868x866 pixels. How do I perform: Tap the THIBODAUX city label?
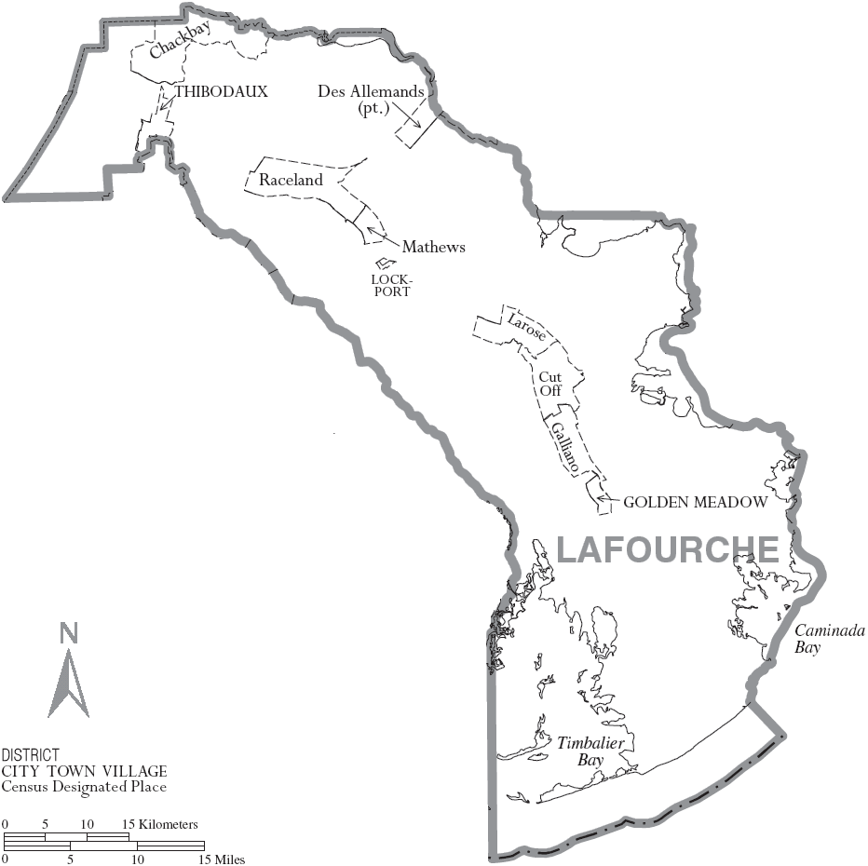pos(221,91)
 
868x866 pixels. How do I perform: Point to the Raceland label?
pos(292,180)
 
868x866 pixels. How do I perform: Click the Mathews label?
pos(433,247)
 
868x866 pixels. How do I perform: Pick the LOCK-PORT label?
pos(391,285)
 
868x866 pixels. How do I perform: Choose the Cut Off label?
pos(550,383)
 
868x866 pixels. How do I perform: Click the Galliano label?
pos(565,446)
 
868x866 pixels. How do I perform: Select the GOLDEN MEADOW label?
pos(695,502)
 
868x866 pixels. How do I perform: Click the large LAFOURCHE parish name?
pos(667,549)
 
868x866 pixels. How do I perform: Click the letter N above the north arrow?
pos(68,634)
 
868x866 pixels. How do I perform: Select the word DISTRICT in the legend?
pos(31,754)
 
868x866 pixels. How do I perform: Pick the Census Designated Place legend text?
pos(84,787)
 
